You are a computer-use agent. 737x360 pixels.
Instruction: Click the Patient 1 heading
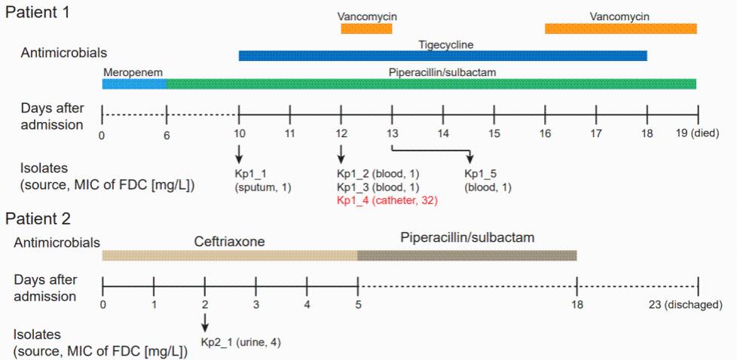[37, 11]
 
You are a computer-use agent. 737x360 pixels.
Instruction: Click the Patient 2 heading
[38, 218]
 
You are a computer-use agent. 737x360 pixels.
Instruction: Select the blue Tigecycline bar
[443, 56]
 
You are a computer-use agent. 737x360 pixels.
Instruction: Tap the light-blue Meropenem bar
[135, 84]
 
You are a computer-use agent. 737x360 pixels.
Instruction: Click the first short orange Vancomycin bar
[366, 28]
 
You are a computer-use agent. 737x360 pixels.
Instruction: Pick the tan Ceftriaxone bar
[230, 255]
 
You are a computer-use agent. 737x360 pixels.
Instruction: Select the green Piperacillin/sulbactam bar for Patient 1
[432, 84]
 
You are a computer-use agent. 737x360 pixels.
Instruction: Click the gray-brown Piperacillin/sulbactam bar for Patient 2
[467, 255]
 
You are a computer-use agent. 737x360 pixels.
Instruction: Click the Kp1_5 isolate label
[488, 181]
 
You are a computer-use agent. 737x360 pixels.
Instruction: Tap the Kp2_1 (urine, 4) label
[241, 342]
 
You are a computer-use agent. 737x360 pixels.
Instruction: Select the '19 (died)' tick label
[697, 133]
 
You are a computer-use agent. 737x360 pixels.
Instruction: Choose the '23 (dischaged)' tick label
[693, 304]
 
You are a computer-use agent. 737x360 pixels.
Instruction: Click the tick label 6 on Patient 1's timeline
[167, 135]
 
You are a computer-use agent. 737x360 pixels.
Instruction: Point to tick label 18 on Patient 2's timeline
[576, 304]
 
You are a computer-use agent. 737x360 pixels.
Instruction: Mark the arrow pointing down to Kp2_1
[205, 322]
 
